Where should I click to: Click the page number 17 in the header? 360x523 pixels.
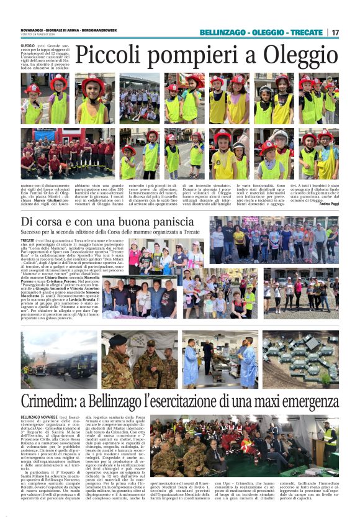pyautogui.click(x=335, y=32)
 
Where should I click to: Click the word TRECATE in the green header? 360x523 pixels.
pyautogui.click(x=306, y=32)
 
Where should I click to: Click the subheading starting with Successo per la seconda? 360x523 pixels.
pyautogui.click(x=109, y=232)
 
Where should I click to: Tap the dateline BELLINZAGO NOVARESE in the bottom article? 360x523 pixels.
pyautogui.click(x=39, y=417)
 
